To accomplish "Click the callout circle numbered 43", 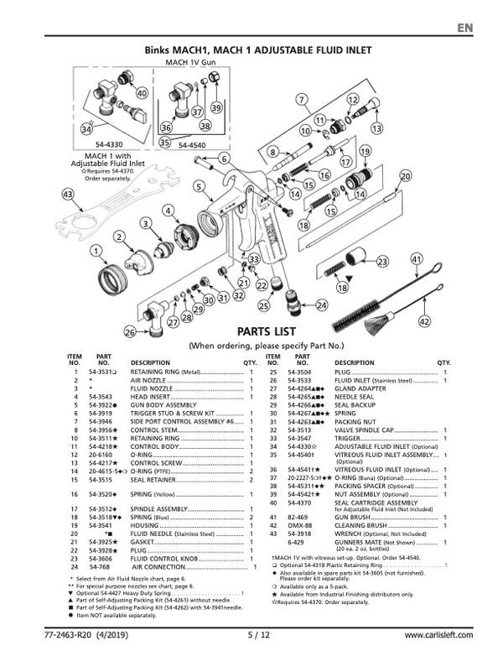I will (44, 194).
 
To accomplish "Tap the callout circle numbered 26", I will (130, 333).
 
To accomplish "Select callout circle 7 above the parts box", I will (300, 100).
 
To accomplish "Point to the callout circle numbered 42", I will (425, 321).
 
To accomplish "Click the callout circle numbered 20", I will (406, 176).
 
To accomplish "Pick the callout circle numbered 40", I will (143, 93).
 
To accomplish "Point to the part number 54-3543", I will (101, 396).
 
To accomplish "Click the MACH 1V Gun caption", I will (190, 62).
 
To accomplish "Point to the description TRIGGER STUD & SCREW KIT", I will (173, 414).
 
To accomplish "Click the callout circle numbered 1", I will (96, 250).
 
